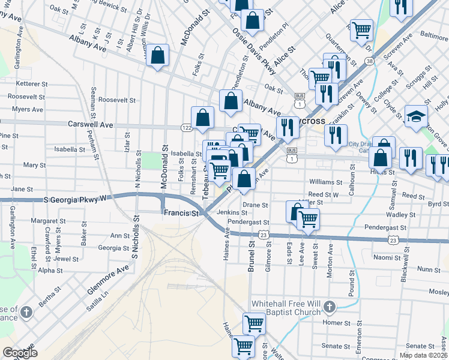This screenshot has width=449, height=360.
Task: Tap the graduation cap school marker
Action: click(x=415, y=117)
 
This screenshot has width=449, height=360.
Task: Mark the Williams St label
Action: click(x=325, y=182)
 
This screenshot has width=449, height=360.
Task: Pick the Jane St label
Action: click(x=22, y=189)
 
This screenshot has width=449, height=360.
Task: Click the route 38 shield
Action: click(x=369, y=61)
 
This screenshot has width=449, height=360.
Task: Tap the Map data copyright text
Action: click(x=424, y=355)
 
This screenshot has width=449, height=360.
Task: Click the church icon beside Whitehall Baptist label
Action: click(x=328, y=308)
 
